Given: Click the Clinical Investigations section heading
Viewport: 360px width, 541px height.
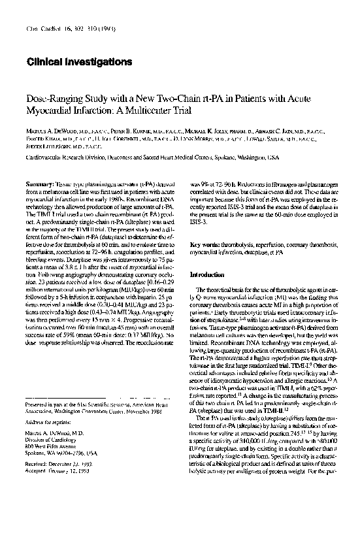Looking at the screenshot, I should point(80,61).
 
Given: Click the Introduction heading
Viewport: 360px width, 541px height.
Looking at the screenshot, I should point(206,256).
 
